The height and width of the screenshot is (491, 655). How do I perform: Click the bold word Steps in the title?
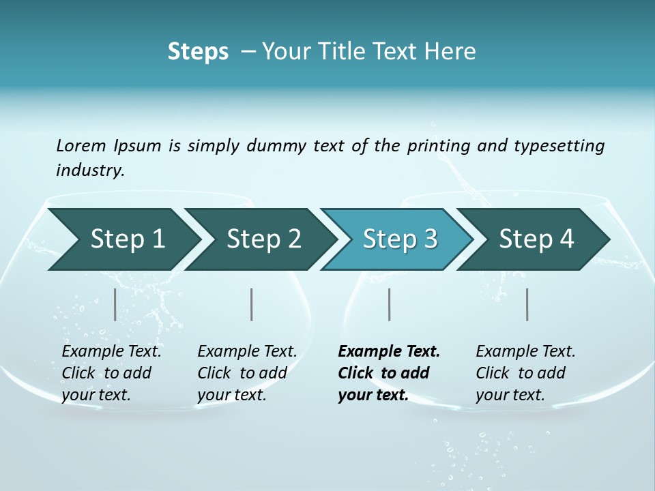[198, 52]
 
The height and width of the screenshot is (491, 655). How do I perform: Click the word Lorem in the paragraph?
[80, 145]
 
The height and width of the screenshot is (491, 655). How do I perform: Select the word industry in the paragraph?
[90, 170]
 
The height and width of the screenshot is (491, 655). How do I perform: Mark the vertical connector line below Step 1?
[115, 304]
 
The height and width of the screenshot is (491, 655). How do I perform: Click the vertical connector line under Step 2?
[252, 304]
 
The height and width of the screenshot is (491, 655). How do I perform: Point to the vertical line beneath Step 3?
[389, 304]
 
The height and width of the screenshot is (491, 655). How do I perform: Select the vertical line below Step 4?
[527, 304]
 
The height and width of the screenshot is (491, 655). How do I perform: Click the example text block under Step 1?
[111, 373]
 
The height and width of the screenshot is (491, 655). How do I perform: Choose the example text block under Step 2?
[247, 373]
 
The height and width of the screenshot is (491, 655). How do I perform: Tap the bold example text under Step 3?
[389, 373]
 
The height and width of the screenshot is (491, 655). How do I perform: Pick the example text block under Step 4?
[525, 373]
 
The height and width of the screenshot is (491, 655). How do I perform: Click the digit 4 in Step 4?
[566, 239]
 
